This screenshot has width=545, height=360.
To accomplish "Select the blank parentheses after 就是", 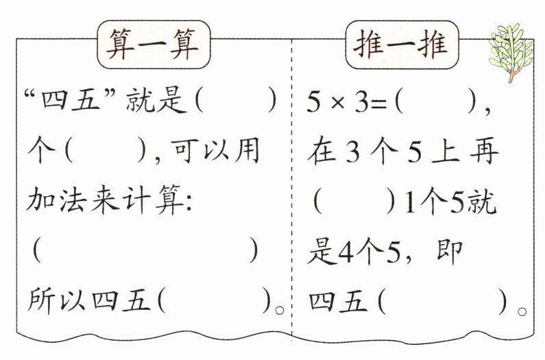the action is pyautogui.click(x=236, y=102).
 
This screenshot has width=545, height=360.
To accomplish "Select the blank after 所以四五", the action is pyautogui.click(x=215, y=300).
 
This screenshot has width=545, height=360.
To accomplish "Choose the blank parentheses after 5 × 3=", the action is pyautogui.click(x=436, y=102).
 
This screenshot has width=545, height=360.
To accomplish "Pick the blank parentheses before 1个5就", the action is pyautogui.click(x=354, y=203).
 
